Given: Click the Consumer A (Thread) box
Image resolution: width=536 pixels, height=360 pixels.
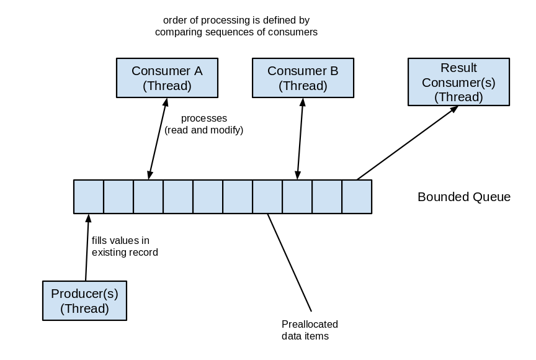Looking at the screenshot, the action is [167, 78].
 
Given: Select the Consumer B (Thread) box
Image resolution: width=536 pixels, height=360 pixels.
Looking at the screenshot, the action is [303, 78].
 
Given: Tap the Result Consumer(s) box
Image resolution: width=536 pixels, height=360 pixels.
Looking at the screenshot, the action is [458, 82].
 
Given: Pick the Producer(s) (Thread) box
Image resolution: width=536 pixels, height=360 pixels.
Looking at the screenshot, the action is [85, 301].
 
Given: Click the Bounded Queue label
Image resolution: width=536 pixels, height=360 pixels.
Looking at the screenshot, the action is [464, 197].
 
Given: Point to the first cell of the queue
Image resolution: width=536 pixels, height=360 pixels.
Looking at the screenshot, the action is [89, 197].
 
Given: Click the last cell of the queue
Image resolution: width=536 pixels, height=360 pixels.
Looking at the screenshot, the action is [357, 197].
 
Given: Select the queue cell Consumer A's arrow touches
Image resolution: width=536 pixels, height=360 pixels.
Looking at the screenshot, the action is [148, 197].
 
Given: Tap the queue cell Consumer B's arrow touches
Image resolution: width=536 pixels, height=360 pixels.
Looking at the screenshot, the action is [297, 197].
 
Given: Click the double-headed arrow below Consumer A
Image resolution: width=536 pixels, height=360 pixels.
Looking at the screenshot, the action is [158, 139].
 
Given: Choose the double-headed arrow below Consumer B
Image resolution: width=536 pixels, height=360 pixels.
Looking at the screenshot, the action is [300, 139].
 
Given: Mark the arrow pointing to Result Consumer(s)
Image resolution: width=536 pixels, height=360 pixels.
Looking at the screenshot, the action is [408, 143].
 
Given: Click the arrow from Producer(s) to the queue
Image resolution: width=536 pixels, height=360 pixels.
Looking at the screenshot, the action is [87, 248].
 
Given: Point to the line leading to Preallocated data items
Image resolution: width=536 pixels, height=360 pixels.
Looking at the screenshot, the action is [290, 263].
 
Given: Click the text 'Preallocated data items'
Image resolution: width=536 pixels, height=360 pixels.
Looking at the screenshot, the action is [305, 330].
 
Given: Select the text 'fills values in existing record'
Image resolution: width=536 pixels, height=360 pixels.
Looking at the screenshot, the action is [125, 246].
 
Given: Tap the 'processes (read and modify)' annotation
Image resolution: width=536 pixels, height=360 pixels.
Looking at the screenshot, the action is [203, 124].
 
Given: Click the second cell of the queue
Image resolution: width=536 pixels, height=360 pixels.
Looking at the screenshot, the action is [118, 197].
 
